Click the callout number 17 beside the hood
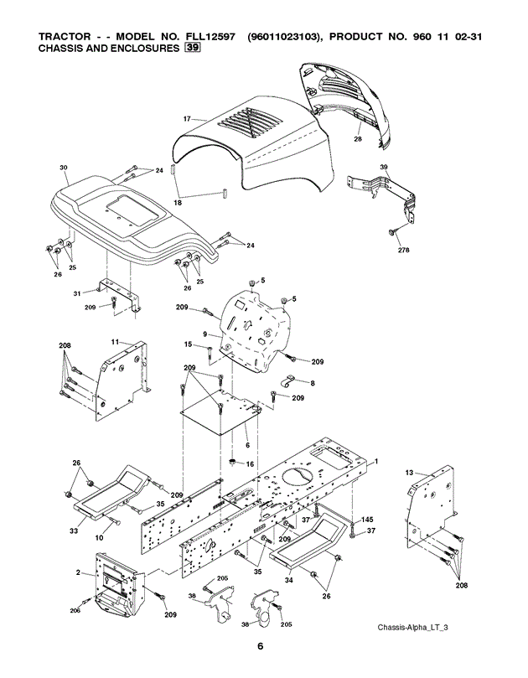(x=187, y=118)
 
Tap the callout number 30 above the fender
(x=64, y=168)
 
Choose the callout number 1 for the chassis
(x=376, y=461)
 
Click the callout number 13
(x=410, y=474)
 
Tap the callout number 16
(x=248, y=463)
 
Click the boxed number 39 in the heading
(x=194, y=49)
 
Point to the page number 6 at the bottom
(x=261, y=645)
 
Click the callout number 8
(x=313, y=382)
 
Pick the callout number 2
(x=79, y=573)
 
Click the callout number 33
(x=73, y=530)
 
